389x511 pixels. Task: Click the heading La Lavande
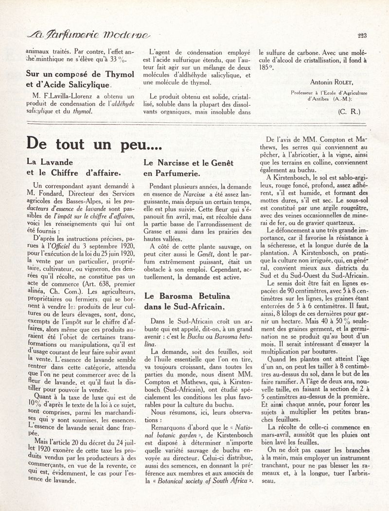point(50,163)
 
